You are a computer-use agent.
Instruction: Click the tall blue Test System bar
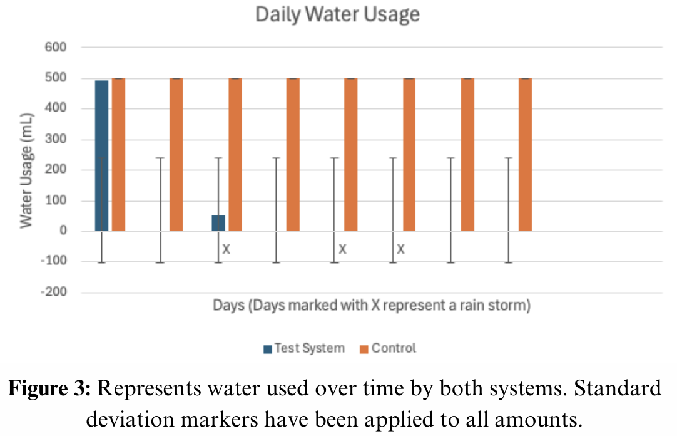click(x=101, y=155)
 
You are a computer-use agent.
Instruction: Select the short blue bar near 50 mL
click(x=218, y=223)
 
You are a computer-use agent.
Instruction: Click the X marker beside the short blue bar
click(x=227, y=249)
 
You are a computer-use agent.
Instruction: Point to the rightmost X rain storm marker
click(x=400, y=249)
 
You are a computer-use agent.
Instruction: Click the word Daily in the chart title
click(x=276, y=14)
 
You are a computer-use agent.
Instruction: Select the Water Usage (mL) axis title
click(x=26, y=170)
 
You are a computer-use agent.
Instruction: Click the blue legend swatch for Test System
click(x=267, y=349)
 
